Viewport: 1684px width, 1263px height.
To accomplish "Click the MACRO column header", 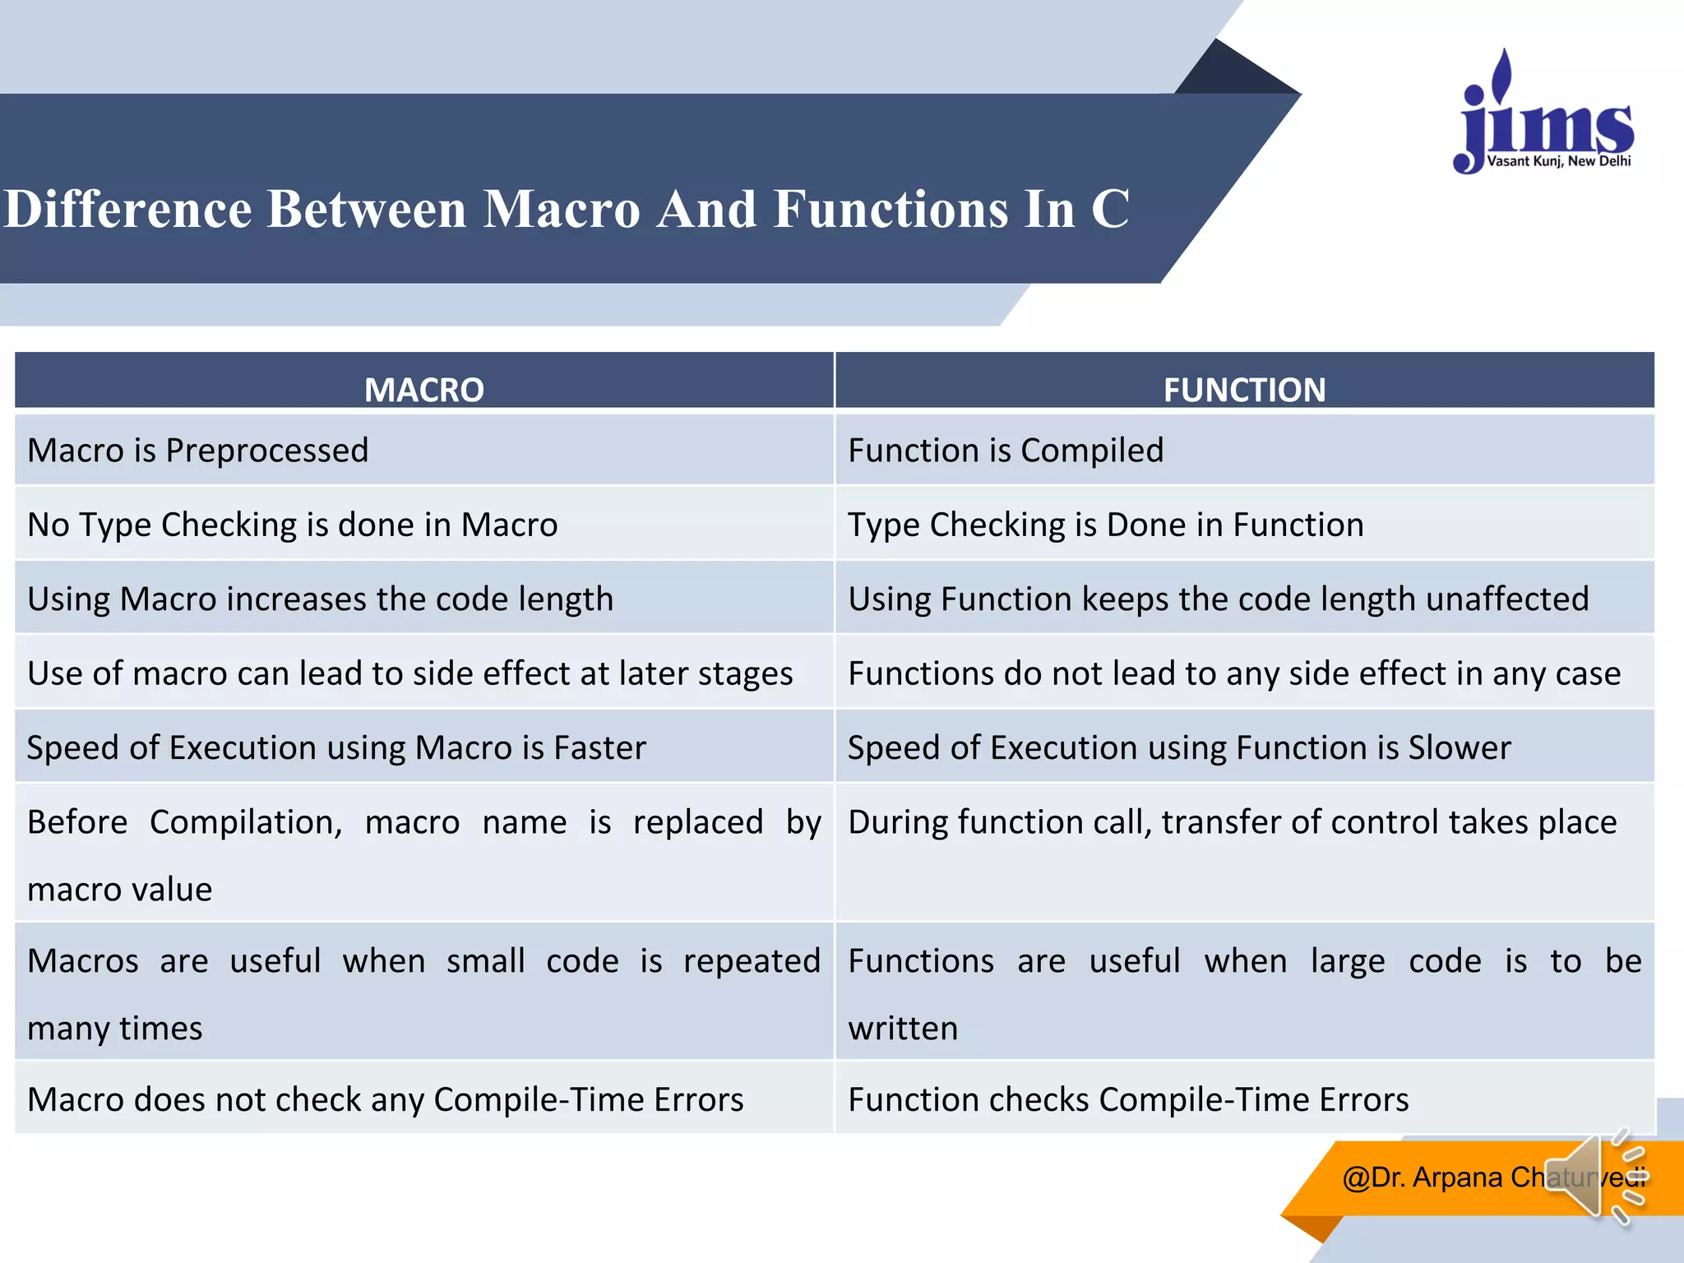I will [424, 389].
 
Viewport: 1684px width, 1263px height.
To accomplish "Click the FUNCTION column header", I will [1244, 389].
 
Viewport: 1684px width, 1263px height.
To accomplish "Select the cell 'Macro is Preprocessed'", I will [198, 451].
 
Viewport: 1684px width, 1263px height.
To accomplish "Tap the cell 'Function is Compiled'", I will [1006, 451].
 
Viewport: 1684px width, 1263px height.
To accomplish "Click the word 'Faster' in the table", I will [599, 748].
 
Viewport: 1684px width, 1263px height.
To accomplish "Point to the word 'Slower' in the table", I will [1460, 748].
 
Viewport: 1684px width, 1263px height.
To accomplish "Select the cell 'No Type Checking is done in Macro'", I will [293, 525].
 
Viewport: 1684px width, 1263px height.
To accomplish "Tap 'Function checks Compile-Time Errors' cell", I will [1128, 1100].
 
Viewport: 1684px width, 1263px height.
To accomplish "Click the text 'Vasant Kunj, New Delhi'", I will [1559, 161].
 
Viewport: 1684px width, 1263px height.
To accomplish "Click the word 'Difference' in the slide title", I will [127, 209].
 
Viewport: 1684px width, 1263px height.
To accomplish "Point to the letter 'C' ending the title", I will [1110, 209].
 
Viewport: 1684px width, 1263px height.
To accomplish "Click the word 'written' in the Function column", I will [903, 1029].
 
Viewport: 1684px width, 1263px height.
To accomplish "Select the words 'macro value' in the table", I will [120, 890].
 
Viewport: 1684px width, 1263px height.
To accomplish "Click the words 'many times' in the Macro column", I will [115, 1029].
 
